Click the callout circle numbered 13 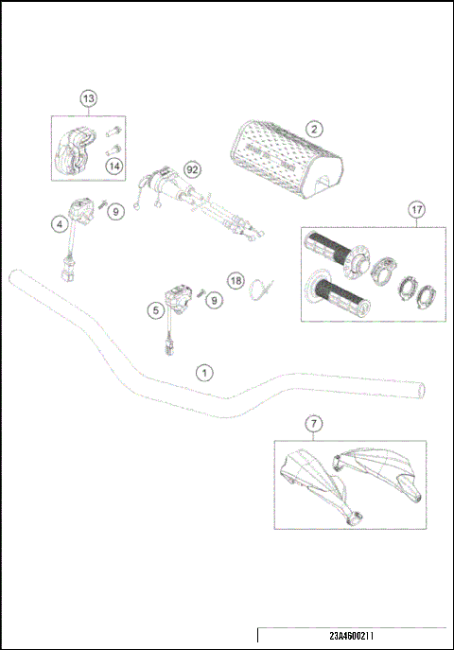pos(88,99)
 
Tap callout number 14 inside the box pos(114,167)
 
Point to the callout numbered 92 pos(192,169)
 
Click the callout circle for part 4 pos(59,224)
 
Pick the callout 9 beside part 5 pos(214,300)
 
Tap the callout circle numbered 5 pos(154,309)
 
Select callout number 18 pos(236,280)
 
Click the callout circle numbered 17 pos(415,210)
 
